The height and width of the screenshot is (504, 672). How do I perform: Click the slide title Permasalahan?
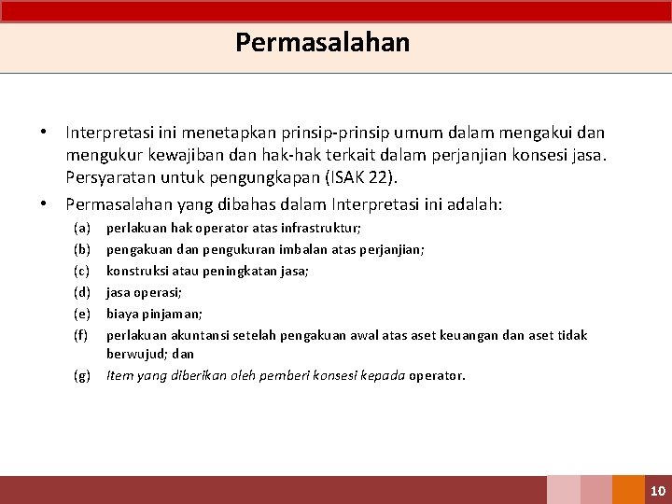[322, 43]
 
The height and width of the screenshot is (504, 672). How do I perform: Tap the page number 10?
[657, 491]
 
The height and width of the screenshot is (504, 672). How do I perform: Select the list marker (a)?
[82, 228]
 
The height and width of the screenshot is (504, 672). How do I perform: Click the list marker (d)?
[82, 292]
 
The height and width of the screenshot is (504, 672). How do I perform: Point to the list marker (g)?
[82, 376]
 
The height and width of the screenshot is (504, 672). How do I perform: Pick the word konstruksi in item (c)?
[137, 271]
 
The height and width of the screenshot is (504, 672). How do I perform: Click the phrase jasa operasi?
[144, 292]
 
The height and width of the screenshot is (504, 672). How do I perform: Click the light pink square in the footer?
[563, 491]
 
